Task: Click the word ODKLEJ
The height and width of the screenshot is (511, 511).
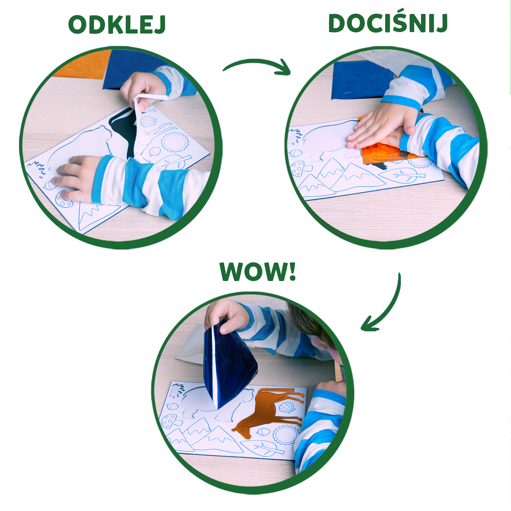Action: click(x=117, y=25)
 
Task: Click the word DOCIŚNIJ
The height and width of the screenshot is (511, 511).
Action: click(x=388, y=23)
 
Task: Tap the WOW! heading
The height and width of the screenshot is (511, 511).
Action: click(x=258, y=272)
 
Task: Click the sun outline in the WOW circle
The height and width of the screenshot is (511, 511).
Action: click(x=285, y=435)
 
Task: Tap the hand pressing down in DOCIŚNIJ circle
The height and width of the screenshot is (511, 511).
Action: click(x=380, y=126)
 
